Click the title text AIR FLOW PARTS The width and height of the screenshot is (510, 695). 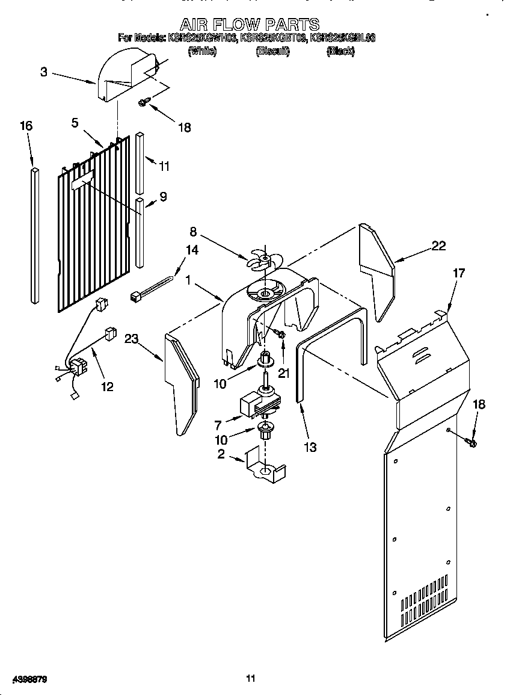(x=250, y=25)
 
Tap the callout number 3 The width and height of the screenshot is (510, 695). (x=44, y=72)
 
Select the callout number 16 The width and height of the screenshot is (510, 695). (x=26, y=126)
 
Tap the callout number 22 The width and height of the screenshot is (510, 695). (x=440, y=245)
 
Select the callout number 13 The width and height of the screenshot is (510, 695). (x=310, y=447)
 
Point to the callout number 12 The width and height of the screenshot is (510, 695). (x=107, y=386)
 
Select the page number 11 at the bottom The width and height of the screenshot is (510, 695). (x=251, y=679)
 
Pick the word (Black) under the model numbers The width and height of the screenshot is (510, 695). (x=340, y=52)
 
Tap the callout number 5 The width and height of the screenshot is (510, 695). (x=75, y=123)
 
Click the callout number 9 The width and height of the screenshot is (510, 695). (x=163, y=196)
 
